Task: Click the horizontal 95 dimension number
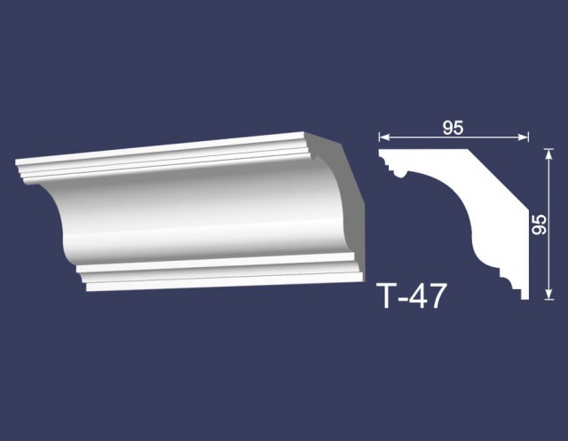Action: coord(453,128)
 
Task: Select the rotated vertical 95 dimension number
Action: coord(540,224)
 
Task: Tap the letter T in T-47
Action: coord(389,295)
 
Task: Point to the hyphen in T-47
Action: coord(406,299)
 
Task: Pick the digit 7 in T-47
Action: coord(437,295)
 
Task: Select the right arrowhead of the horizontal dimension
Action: coord(524,137)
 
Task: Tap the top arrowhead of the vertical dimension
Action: coord(549,154)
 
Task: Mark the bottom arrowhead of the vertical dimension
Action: coord(549,294)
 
